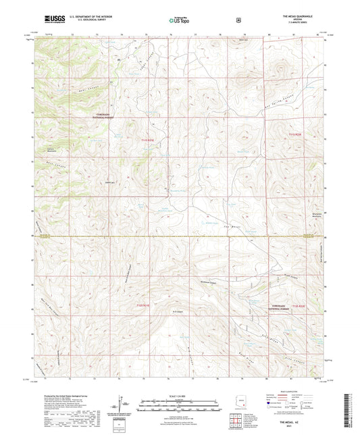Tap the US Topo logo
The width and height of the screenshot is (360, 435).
(x=179, y=21)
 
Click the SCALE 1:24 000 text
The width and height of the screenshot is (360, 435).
(x=179, y=396)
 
